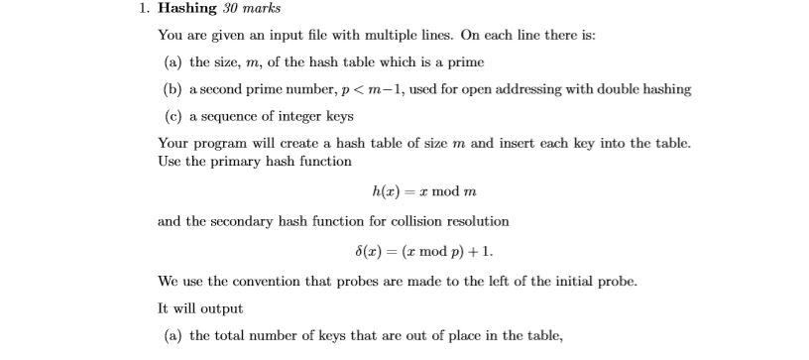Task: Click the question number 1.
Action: pyautogui.click(x=144, y=9)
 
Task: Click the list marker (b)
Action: pyautogui.click(x=173, y=89)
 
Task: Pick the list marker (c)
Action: pyautogui.click(x=173, y=116)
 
